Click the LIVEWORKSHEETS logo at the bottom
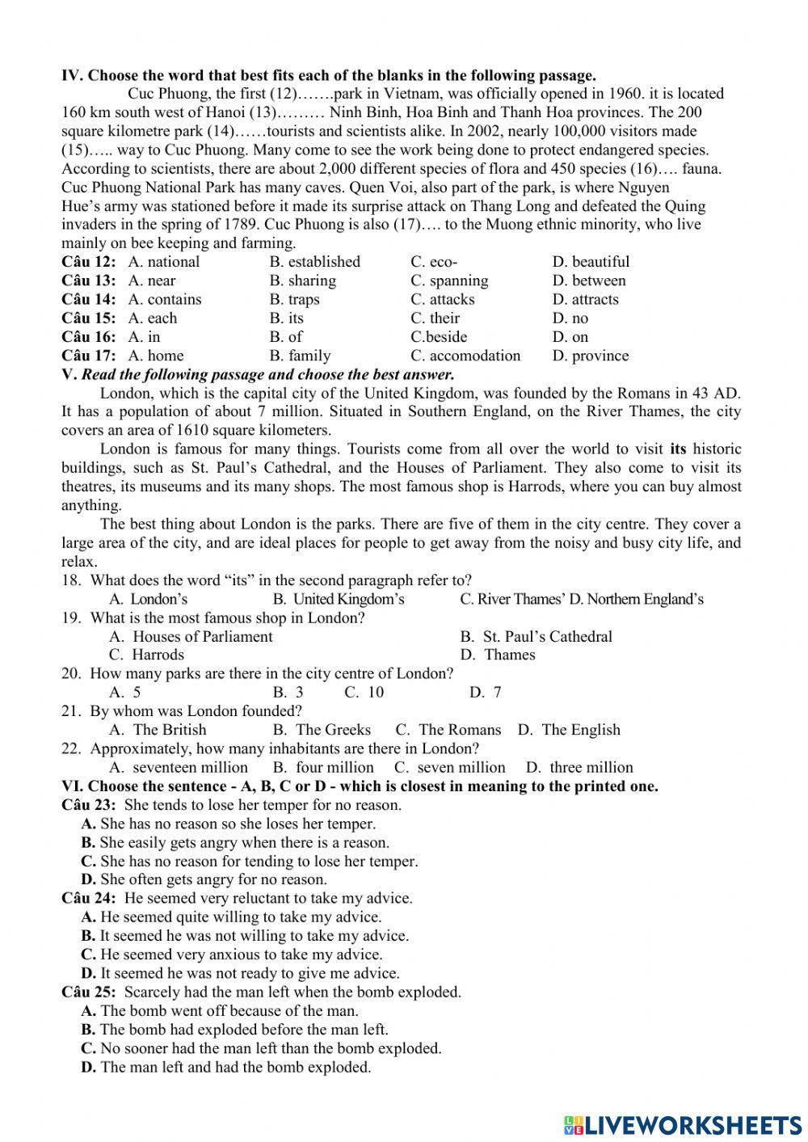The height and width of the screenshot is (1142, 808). coord(684,1125)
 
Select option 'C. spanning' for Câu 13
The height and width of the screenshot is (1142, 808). coord(449,280)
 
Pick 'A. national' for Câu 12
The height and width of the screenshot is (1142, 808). coord(163,262)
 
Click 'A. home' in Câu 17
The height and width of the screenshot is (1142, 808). coord(156,356)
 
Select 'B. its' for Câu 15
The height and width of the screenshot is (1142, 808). coord(287,318)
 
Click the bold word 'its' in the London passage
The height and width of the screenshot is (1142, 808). coord(678,449)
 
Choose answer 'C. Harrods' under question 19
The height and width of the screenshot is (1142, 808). coord(147,655)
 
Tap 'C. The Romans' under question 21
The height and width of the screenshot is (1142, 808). coord(448,730)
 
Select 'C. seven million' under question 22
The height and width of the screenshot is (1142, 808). coord(450,767)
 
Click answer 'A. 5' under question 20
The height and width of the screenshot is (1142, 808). coord(125,692)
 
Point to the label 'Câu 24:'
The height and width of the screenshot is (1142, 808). coord(89,898)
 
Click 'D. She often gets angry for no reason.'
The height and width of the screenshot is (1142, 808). coord(204,879)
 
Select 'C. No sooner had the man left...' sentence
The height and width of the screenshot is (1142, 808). coord(262,1048)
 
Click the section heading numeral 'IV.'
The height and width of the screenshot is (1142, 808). coord(72,76)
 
